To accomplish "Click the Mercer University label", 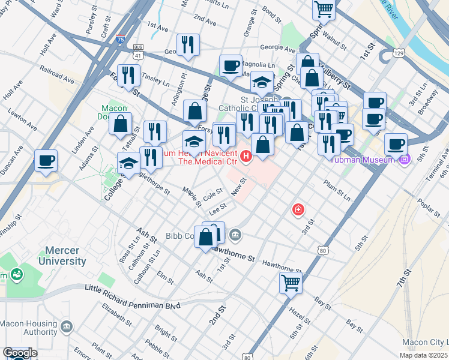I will [62, 255].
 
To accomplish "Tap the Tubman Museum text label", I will [370, 160].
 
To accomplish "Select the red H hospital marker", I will [246, 157].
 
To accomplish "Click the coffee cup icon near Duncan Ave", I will [46, 161].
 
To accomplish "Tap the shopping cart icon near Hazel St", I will [291, 282].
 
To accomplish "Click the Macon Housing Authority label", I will [28, 327].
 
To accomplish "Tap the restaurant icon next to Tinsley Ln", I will [129, 76].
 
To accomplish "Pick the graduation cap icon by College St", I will [128, 164].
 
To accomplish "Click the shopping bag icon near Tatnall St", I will [121, 124].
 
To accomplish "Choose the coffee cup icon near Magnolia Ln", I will [231, 66].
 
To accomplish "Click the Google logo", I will [20, 353].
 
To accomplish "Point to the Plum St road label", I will [336, 189].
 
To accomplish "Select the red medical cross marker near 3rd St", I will [297, 209].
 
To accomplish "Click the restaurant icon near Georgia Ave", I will [188, 45].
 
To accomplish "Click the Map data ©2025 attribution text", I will [423, 355].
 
